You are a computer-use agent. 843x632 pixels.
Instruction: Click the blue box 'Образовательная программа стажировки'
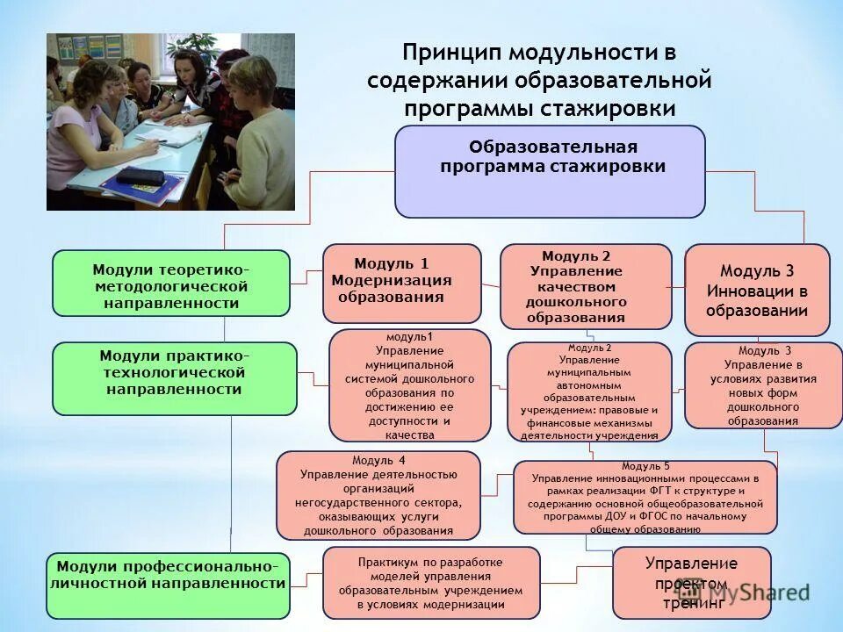(550, 171)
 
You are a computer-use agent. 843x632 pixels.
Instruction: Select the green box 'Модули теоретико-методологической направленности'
(171, 283)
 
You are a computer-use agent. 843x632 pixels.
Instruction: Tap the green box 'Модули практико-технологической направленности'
(175, 378)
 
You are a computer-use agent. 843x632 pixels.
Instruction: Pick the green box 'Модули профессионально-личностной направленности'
(168, 583)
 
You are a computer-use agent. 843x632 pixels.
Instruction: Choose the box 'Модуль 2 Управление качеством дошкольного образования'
(586, 286)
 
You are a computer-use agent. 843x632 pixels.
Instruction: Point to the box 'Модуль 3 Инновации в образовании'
(757, 290)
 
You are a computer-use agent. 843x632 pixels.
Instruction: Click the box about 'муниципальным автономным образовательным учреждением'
(588, 391)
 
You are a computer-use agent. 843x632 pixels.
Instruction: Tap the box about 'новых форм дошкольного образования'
(763, 385)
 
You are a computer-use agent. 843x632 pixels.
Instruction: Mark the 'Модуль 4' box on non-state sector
(378, 494)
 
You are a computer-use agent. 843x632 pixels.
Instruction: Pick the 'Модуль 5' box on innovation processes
(645, 497)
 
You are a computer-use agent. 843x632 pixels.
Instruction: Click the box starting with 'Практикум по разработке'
(431, 583)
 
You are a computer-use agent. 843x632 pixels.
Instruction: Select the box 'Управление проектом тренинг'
(691, 583)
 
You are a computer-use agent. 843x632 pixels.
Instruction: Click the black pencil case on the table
(140, 176)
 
